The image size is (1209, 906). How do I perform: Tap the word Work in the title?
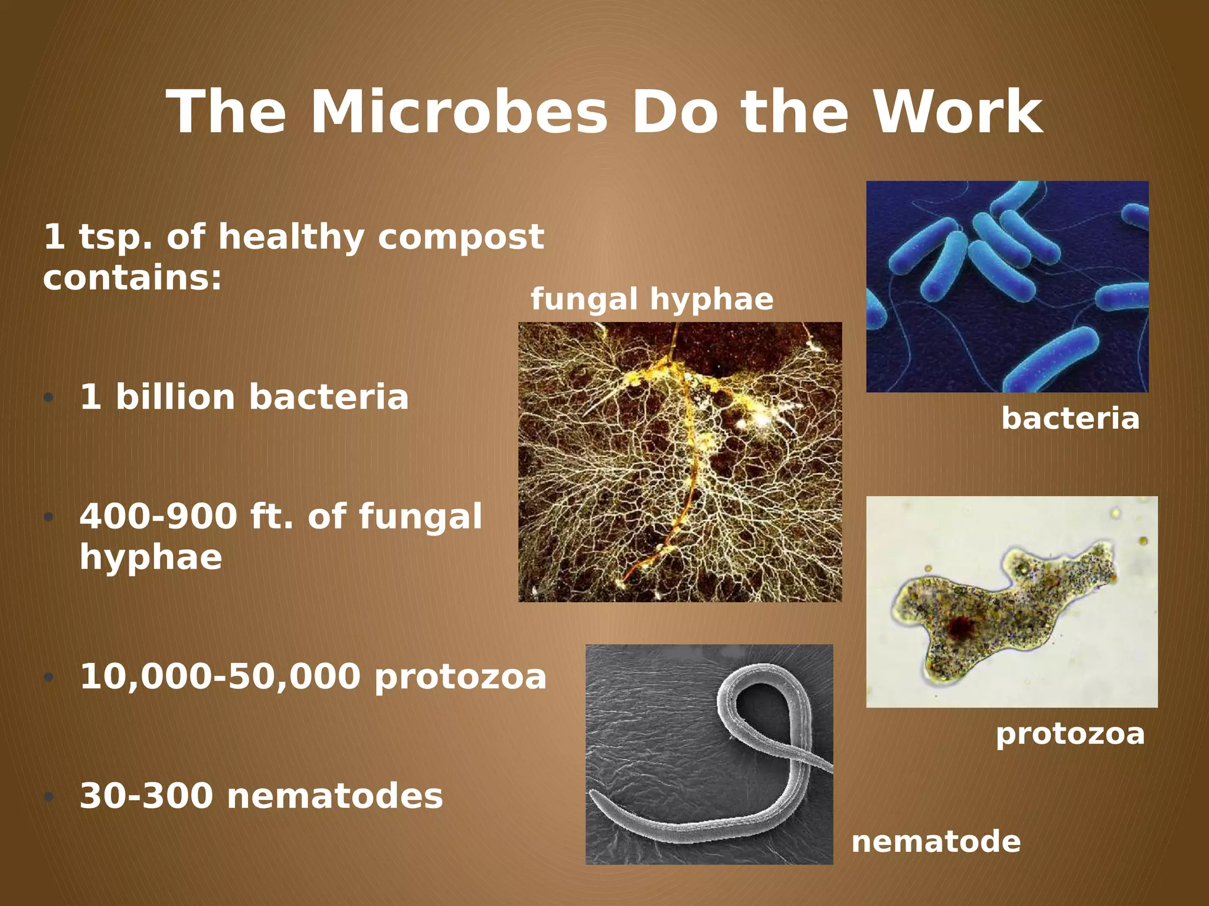[957, 113]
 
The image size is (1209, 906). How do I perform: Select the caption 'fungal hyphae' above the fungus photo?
[652, 299]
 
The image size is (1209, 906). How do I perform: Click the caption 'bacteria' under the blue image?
[1070, 419]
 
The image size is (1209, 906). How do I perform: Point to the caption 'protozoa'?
[1070, 734]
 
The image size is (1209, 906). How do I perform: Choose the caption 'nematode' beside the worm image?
[936, 841]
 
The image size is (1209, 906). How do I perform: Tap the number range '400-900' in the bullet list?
[158, 517]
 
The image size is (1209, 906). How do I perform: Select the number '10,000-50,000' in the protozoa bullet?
[220, 676]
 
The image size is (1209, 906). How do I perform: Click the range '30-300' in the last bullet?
[146, 796]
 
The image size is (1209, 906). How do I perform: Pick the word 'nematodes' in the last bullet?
[335, 796]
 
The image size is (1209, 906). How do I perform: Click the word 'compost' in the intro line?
[460, 237]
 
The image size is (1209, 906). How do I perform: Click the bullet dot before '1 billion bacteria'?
[49, 398]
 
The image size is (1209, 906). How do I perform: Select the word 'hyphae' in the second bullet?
[151, 557]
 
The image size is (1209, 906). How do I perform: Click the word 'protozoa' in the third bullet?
[460, 676]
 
